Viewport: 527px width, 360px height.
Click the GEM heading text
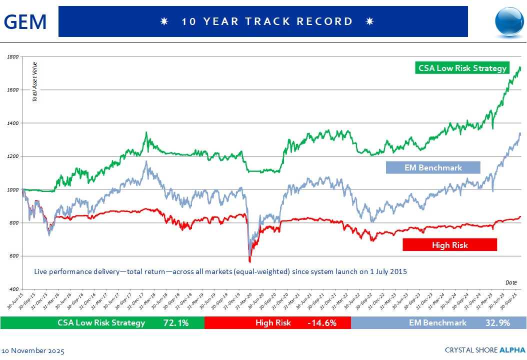click(25, 21)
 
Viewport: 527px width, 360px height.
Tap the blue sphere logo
click(509, 21)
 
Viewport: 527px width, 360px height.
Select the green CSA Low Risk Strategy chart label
click(462, 68)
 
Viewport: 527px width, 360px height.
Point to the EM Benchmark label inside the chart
click(433, 167)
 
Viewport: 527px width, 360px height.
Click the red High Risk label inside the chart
click(449, 244)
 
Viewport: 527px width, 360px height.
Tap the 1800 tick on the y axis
click(13, 57)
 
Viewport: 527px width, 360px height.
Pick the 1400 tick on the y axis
click(13, 123)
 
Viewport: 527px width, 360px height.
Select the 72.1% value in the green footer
click(176, 323)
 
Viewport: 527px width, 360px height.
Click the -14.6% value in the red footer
click(322, 323)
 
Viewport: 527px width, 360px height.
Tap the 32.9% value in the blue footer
click(497, 323)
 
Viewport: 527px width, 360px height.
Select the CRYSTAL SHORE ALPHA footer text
click(485, 349)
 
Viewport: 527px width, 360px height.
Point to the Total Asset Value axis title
click(35, 81)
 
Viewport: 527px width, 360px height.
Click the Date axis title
click(511, 282)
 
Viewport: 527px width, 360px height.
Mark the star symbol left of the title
click(163, 21)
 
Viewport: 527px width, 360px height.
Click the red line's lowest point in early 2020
click(250, 260)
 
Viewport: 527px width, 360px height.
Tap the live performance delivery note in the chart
click(220, 271)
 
